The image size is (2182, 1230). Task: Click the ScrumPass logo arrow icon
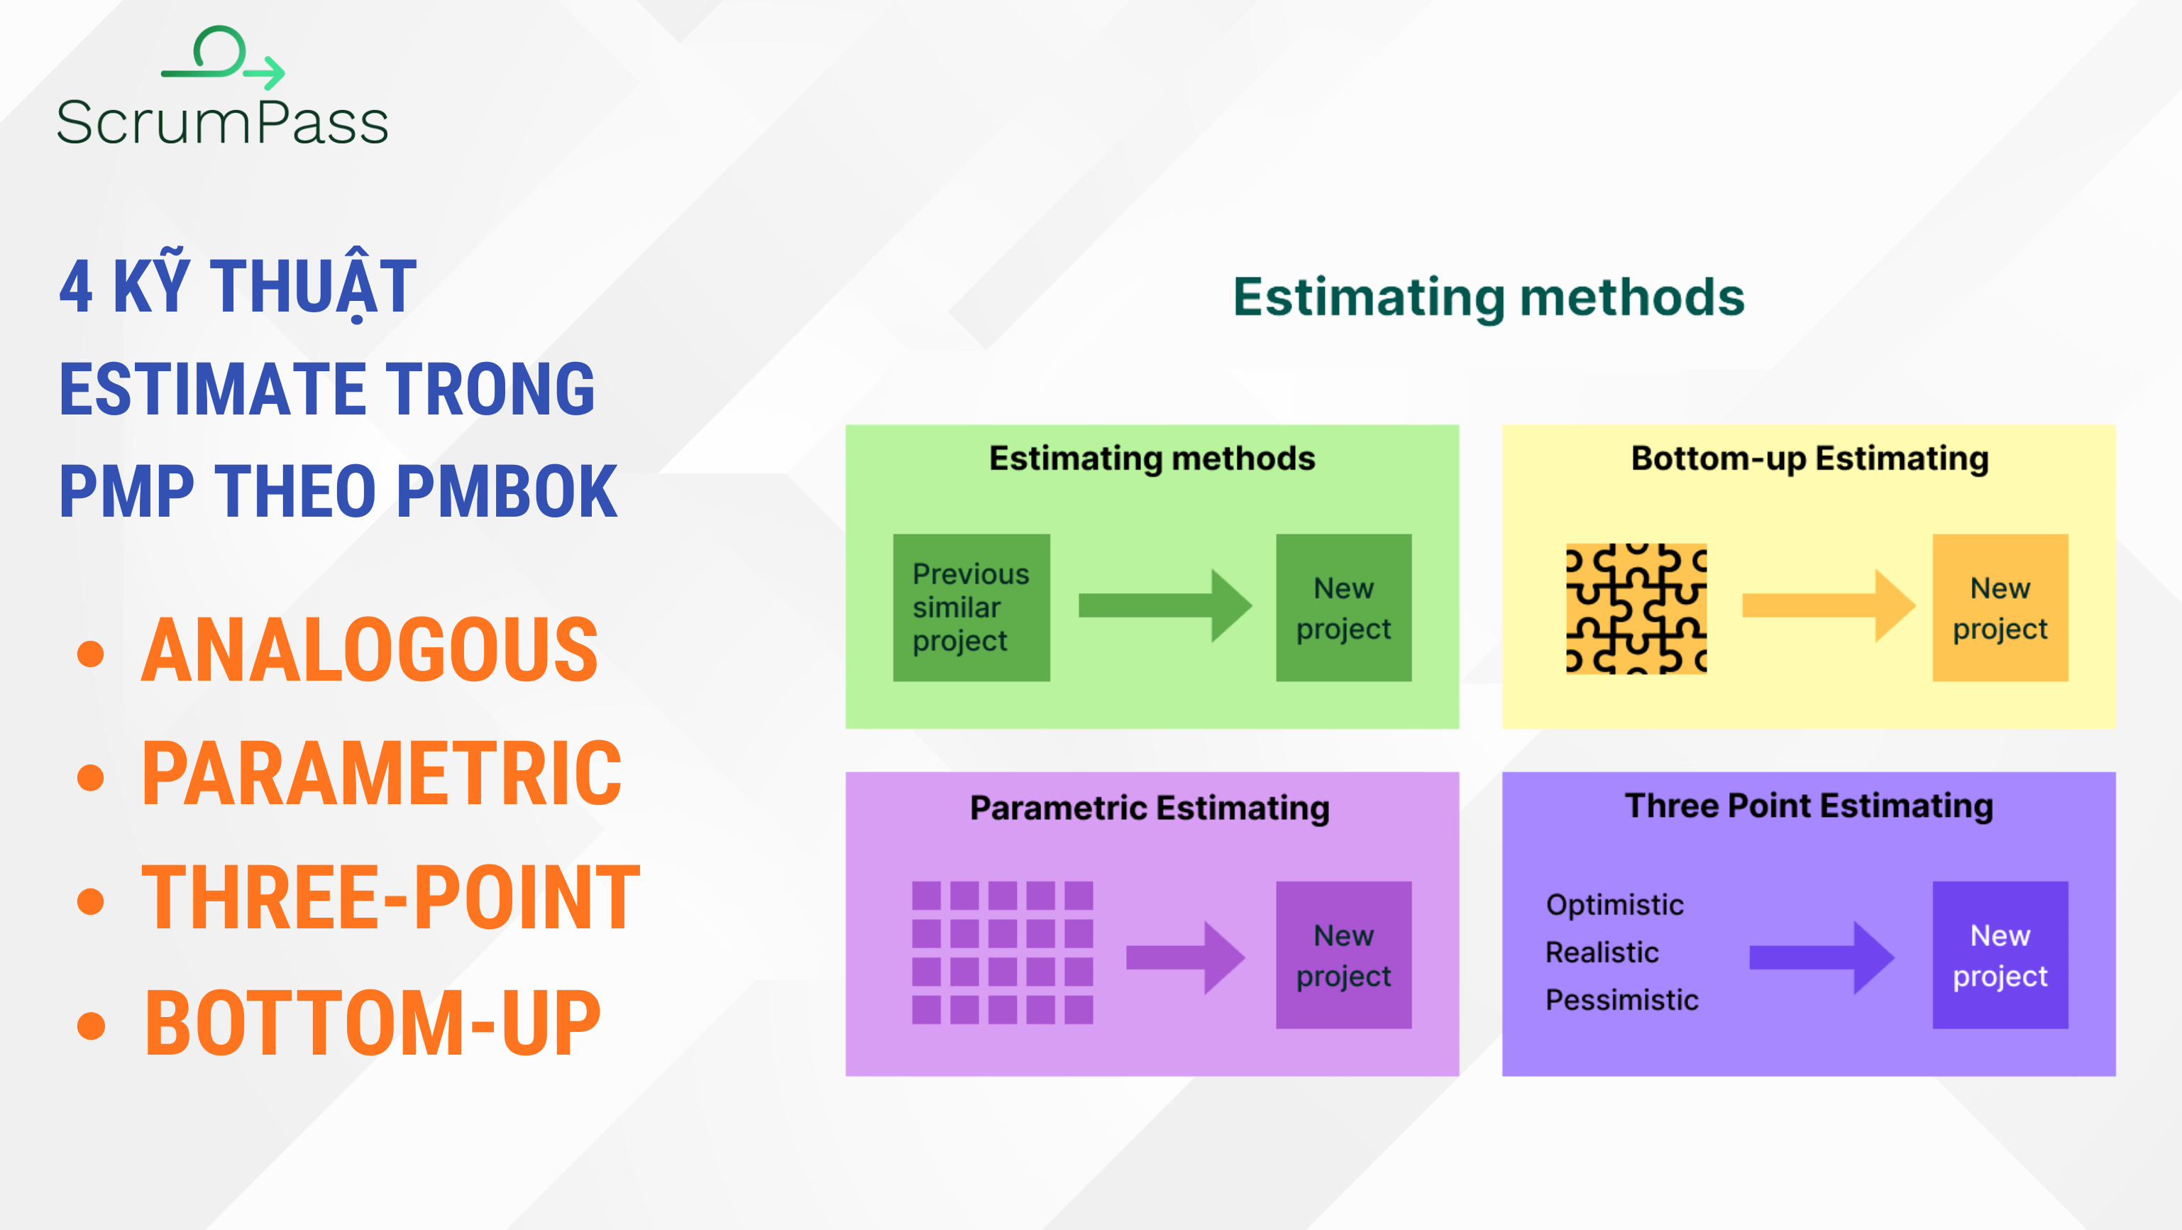tap(224, 57)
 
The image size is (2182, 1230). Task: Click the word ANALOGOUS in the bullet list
tap(369, 651)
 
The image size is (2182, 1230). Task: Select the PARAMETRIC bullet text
tap(381, 774)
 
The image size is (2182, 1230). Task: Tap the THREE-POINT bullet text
tap(390, 899)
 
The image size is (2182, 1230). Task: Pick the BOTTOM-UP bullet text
tap(373, 1023)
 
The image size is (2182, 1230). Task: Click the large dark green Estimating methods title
tap(1488, 297)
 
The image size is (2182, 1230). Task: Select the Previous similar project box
tap(971, 608)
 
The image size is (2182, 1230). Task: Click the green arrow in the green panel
tap(1164, 605)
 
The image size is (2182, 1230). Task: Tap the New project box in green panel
tap(1343, 608)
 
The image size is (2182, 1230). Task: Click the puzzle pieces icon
tap(1636, 608)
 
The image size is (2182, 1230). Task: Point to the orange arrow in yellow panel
tap(1827, 605)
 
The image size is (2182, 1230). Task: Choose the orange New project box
tap(2000, 608)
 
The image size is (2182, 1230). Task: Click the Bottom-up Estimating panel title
tap(1809, 458)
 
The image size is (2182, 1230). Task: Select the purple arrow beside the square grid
tap(1184, 957)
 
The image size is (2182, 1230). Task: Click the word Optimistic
tap(1614, 905)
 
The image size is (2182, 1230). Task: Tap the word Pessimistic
tap(1621, 999)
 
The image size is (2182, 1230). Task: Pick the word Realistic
tap(1602, 952)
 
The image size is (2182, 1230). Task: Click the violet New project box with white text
tap(2000, 955)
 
